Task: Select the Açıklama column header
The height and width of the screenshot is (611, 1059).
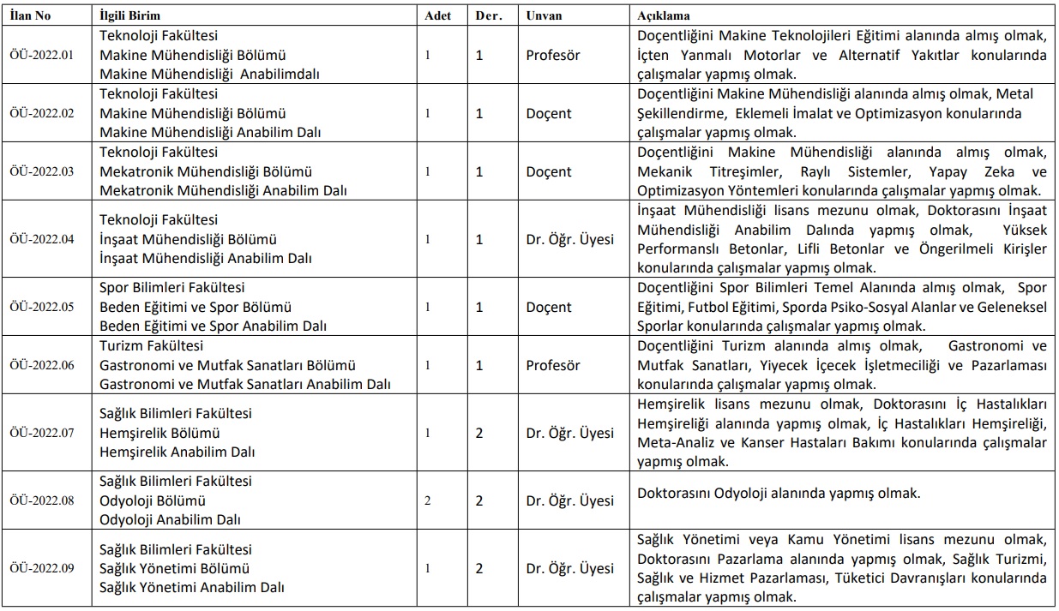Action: (665, 16)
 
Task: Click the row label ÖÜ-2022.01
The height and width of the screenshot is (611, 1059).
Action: (42, 55)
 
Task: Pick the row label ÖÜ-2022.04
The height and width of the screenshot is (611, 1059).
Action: (42, 239)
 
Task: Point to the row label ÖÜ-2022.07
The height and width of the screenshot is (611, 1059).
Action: (42, 433)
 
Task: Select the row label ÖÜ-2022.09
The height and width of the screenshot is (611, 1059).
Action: (42, 568)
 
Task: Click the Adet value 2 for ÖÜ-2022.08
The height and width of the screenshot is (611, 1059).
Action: (427, 500)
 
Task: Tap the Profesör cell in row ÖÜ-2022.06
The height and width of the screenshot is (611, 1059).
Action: (553, 365)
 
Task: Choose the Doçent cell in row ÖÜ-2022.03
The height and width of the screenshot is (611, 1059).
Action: (549, 171)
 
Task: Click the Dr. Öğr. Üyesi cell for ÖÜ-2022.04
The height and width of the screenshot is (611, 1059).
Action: (570, 239)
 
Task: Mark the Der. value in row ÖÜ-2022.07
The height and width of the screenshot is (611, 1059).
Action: (479, 433)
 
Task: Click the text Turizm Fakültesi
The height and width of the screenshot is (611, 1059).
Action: (152, 346)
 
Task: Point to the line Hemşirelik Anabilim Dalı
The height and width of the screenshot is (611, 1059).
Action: (178, 452)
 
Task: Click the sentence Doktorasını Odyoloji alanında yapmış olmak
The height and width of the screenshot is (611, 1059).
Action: (779, 494)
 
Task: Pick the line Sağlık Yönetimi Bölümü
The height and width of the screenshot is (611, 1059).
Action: (175, 568)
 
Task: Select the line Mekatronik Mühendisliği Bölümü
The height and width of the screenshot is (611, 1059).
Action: (206, 171)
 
